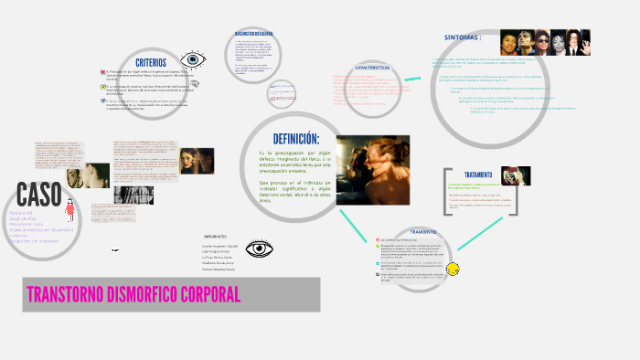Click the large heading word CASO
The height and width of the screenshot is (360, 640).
(x=39, y=195)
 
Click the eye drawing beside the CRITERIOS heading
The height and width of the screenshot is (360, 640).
(x=192, y=61)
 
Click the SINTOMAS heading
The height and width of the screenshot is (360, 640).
(x=462, y=38)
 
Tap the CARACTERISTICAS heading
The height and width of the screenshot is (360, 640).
(x=372, y=68)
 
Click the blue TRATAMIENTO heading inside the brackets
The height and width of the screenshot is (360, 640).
(x=478, y=175)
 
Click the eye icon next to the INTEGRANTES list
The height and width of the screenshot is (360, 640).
(x=261, y=249)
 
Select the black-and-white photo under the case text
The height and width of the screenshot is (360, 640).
(x=134, y=196)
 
